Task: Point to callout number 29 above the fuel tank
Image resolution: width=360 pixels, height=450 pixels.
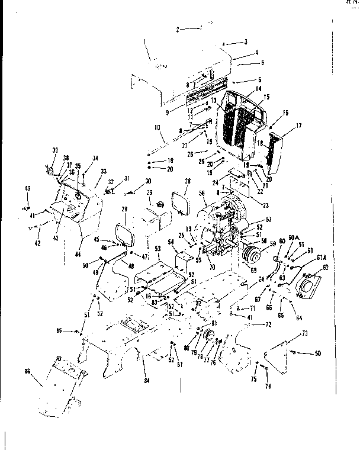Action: (x=150, y=194)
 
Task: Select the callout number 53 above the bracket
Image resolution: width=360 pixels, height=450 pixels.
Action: (x=158, y=249)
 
